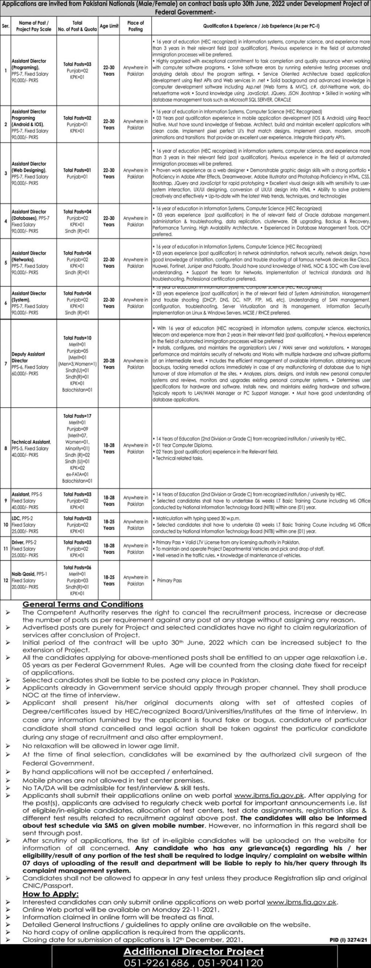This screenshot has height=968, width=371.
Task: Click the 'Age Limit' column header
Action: pos(109,26)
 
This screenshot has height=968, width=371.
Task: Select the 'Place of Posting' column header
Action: pos(136,26)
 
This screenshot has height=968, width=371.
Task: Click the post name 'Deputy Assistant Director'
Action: pos(28,357)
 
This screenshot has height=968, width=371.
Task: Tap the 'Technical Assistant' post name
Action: pos(31,442)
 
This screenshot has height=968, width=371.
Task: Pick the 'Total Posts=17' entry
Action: pos(77,416)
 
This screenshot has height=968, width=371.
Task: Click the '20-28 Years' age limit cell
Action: pos(109,364)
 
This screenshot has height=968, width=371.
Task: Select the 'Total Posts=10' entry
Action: pos(77,338)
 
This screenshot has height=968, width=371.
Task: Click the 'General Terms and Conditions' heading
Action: pos(83,604)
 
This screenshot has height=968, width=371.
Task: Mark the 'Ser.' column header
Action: pos(6,26)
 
